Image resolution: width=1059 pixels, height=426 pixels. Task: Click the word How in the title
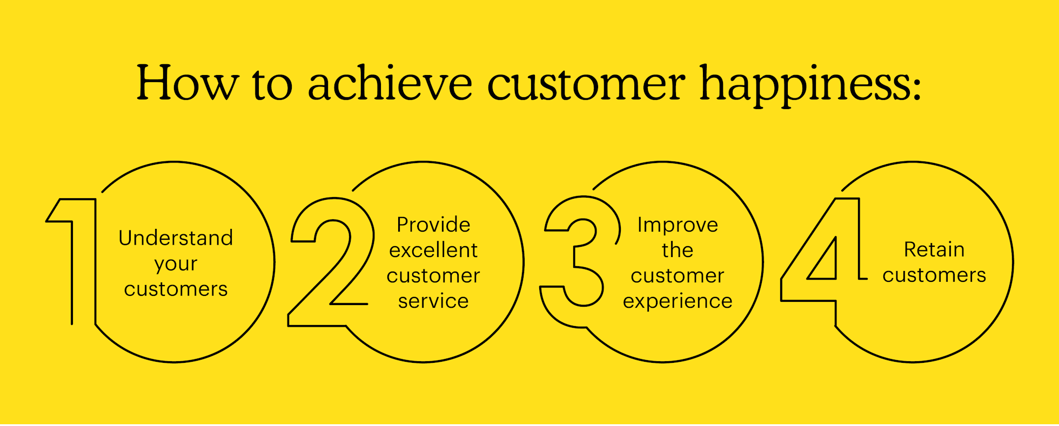(186, 84)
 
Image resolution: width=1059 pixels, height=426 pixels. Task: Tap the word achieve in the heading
(390, 84)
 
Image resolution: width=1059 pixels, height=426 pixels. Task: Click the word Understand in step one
(176, 238)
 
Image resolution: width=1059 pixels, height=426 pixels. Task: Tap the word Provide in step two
(433, 225)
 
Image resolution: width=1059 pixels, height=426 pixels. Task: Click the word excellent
(433, 251)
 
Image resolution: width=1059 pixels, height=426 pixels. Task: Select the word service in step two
(433, 301)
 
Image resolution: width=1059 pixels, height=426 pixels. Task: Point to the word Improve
(678, 225)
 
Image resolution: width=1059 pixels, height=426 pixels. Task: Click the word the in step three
(678, 251)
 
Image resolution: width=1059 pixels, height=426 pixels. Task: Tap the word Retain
(934, 249)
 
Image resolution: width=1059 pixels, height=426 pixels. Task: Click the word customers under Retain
(934, 275)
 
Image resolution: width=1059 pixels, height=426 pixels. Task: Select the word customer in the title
(586, 84)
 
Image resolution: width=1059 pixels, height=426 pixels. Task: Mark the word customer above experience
(678, 276)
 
